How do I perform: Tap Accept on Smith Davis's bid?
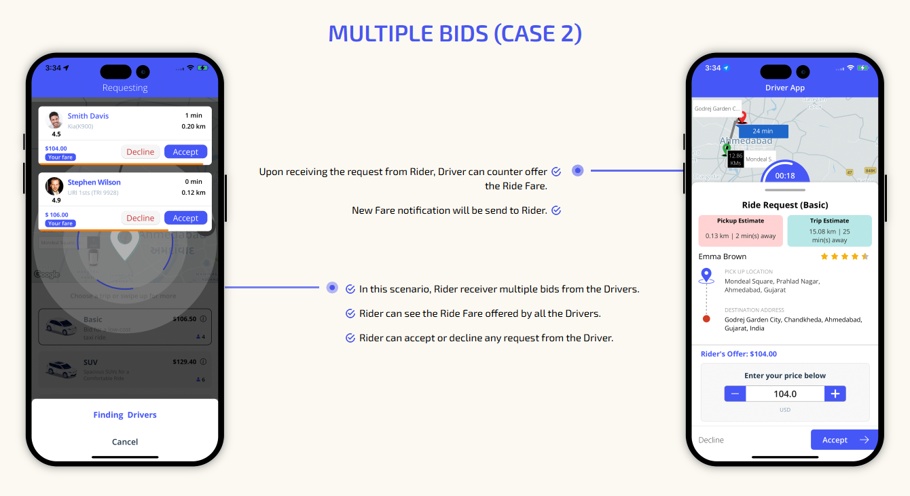click(x=185, y=152)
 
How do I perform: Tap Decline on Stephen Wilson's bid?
click(x=141, y=218)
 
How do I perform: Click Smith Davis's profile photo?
click(x=54, y=120)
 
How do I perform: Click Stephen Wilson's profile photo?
click(x=54, y=186)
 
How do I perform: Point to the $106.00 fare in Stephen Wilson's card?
click(x=56, y=215)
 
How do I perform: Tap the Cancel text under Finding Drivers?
click(x=125, y=442)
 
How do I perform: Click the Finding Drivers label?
click(x=125, y=415)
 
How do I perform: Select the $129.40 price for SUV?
click(x=184, y=362)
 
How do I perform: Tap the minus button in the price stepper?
click(x=735, y=394)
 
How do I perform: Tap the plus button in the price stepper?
click(x=835, y=394)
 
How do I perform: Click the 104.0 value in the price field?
click(x=785, y=394)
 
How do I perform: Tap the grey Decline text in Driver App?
click(x=711, y=440)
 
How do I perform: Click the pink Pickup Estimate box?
click(x=740, y=231)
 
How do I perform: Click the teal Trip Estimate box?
click(x=829, y=231)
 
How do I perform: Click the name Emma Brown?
click(x=722, y=256)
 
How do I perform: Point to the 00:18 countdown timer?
click(x=785, y=176)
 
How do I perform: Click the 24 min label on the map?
click(x=763, y=131)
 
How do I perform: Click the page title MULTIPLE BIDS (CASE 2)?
click(x=455, y=33)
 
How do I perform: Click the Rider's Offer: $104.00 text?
click(x=738, y=354)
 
